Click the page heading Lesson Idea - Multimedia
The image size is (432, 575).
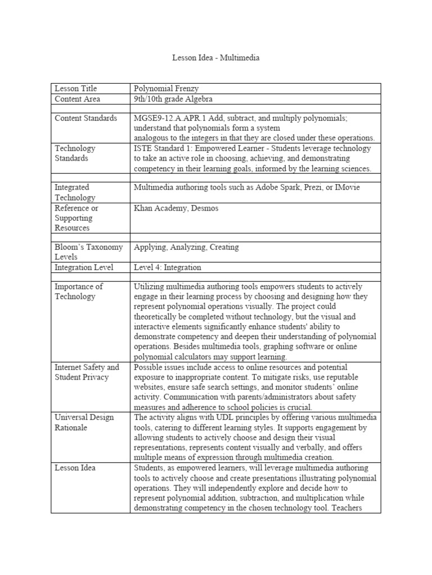click(x=215, y=58)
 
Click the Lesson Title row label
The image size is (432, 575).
click(x=75, y=88)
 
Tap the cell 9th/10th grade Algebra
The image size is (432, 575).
click(x=173, y=99)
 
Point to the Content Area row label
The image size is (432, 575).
click(x=77, y=99)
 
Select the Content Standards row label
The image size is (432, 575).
click(x=85, y=118)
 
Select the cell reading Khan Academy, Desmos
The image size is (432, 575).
click(x=176, y=208)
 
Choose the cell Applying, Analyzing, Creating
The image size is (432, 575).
click(x=186, y=247)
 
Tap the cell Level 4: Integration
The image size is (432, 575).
click(x=167, y=267)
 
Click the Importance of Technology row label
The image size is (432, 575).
click(x=78, y=291)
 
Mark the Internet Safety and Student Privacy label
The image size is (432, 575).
click(x=87, y=372)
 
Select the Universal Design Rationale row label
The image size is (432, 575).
click(x=84, y=422)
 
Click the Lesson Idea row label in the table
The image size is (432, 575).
click(x=75, y=468)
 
